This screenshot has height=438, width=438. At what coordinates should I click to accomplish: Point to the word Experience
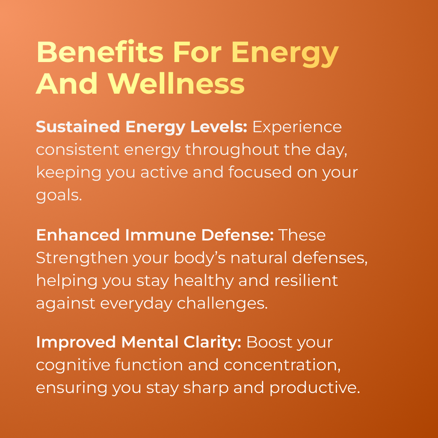[297, 127]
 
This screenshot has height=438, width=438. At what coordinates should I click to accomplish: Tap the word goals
[58, 195]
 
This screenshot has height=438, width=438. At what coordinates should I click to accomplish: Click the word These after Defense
[302, 235]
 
